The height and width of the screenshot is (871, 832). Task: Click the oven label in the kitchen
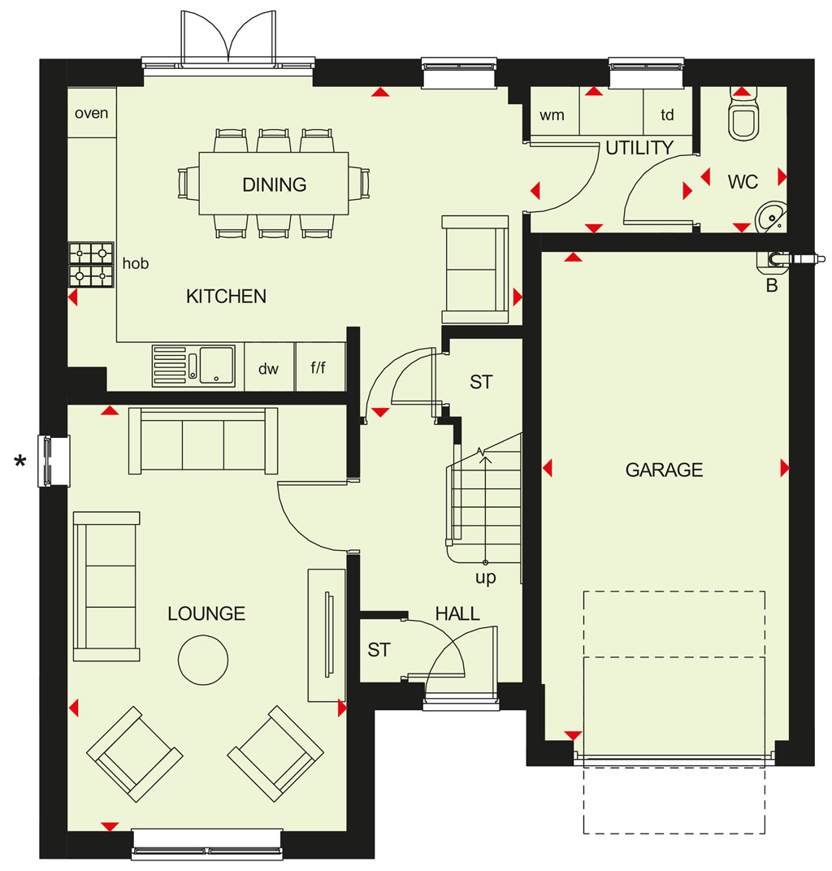[92, 113]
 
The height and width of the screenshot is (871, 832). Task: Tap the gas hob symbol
[91, 264]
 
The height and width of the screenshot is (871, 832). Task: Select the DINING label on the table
[275, 184]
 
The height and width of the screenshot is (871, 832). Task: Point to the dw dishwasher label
[268, 369]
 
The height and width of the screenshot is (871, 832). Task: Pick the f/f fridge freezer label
[318, 367]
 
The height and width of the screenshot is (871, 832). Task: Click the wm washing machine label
[552, 115]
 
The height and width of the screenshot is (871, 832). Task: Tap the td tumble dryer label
[667, 115]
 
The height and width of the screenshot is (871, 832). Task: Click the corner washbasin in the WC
[773, 216]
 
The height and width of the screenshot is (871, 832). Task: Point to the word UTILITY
[639, 148]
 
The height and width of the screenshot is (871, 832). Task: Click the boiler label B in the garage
[771, 285]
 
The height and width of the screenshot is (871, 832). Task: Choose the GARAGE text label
[665, 470]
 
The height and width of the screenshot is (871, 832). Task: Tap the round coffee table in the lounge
[203, 660]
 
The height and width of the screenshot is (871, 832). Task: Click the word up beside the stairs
[485, 578]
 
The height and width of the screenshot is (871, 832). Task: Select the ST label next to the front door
[379, 650]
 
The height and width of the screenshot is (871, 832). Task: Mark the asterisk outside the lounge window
[20, 461]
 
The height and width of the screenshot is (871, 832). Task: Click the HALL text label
[457, 613]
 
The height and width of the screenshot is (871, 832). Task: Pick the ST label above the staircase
[481, 382]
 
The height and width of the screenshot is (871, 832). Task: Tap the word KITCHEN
[226, 297]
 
